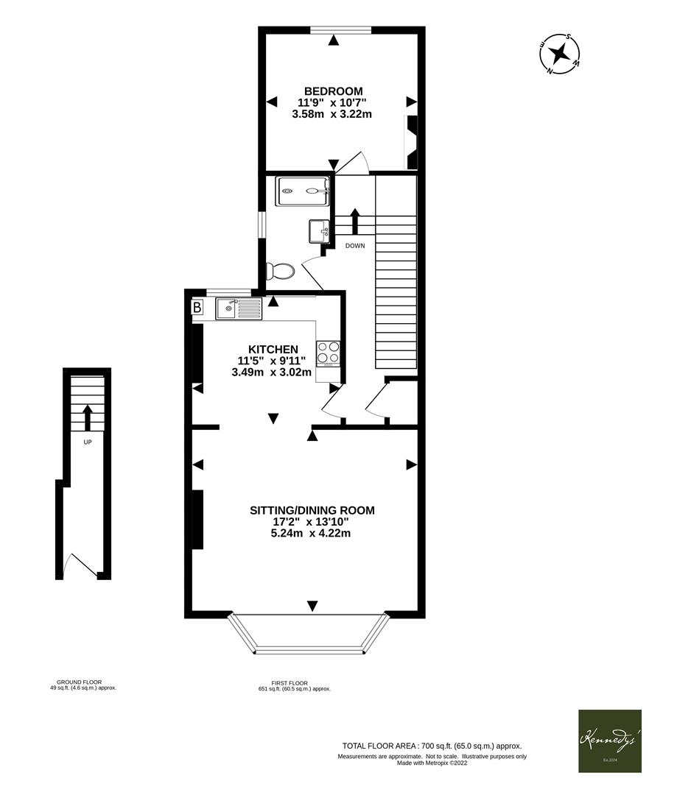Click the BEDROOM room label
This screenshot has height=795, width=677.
pos(334,91)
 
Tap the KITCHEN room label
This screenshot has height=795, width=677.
pos(273,349)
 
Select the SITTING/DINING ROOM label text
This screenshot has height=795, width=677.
pos(312,509)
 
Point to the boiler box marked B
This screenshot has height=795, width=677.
pos(197,308)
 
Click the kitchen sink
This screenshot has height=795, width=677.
pos(237,308)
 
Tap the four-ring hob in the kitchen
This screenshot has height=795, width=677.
pos(329,353)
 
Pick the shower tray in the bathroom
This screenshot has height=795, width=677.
pos(303,191)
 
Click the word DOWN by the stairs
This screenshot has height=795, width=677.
pos(354,246)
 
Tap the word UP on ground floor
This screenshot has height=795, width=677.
pos(87,442)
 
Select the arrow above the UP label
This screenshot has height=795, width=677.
pos(87,417)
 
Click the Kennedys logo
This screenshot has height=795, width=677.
pos(609,741)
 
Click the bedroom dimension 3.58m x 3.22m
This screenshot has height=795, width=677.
pos(332,114)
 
